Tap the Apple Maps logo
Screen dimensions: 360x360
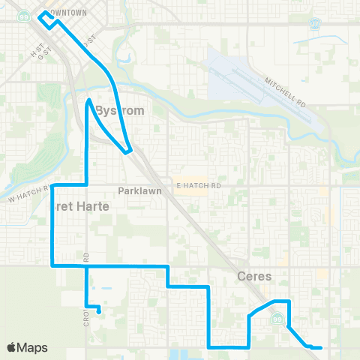coord(27,347)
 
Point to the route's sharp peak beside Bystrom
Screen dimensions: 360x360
coord(89,100)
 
